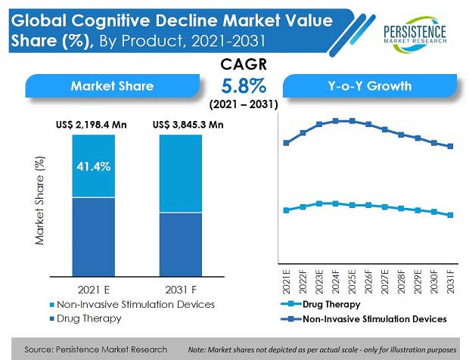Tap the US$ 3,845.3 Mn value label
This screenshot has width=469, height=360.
coord(188,125)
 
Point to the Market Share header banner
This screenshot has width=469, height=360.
coord(112,85)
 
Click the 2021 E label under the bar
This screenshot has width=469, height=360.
coord(93,290)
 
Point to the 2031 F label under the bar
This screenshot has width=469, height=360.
coord(182,290)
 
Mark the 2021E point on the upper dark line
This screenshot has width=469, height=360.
coord(285,142)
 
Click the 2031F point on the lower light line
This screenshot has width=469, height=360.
coord(451,215)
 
